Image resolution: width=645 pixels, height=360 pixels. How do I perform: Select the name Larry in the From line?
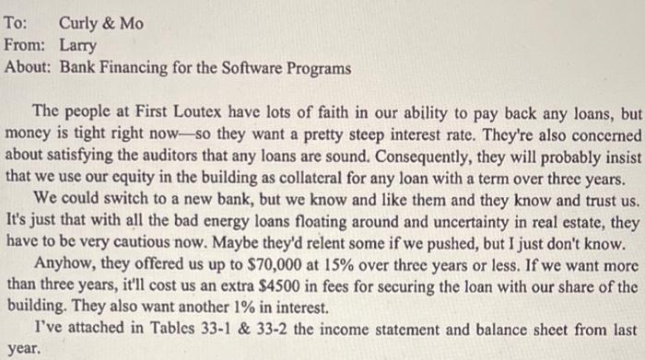pyautogui.click(x=78, y=44)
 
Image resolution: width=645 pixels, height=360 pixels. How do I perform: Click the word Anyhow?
pyautogui.click(x=60, y=263)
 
